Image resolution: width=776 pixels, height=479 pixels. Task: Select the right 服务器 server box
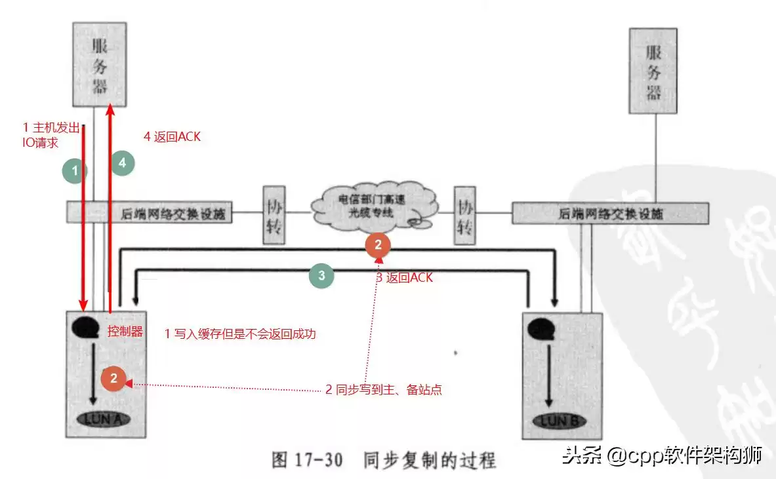653,71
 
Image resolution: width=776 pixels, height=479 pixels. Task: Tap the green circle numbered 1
75,172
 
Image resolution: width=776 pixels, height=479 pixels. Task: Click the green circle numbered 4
123,163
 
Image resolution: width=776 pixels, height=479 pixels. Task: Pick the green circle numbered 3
321,276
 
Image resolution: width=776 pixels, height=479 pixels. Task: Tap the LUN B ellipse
559,420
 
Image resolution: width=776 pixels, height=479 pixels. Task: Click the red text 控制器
125,331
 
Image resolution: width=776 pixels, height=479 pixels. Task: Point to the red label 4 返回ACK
172,137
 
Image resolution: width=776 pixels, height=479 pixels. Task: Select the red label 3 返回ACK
404,278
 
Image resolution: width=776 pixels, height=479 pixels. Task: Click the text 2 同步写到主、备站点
384,389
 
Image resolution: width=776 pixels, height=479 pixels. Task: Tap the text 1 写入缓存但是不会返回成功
240,334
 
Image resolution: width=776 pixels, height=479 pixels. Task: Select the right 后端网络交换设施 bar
610,213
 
